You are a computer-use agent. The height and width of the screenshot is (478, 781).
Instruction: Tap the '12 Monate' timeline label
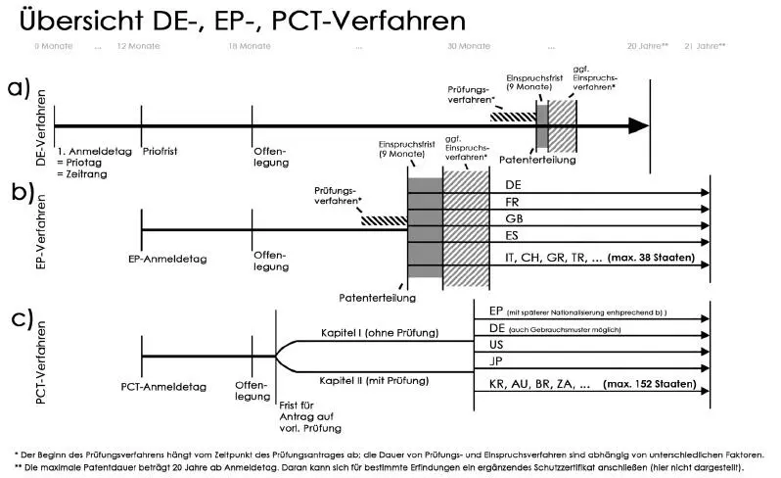point(138,46)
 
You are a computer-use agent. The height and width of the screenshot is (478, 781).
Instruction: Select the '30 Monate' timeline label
point(469,46)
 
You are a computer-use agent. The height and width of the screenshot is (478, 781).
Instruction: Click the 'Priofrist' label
point(161,152)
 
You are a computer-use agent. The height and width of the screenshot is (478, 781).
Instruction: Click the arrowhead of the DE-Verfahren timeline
point(638,125)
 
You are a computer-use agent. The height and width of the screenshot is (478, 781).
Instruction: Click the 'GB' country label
point(514,220)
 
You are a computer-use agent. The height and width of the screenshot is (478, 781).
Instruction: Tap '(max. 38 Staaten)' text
point(652,258)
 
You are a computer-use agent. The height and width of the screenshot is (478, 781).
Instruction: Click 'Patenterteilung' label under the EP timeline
point(377,297)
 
